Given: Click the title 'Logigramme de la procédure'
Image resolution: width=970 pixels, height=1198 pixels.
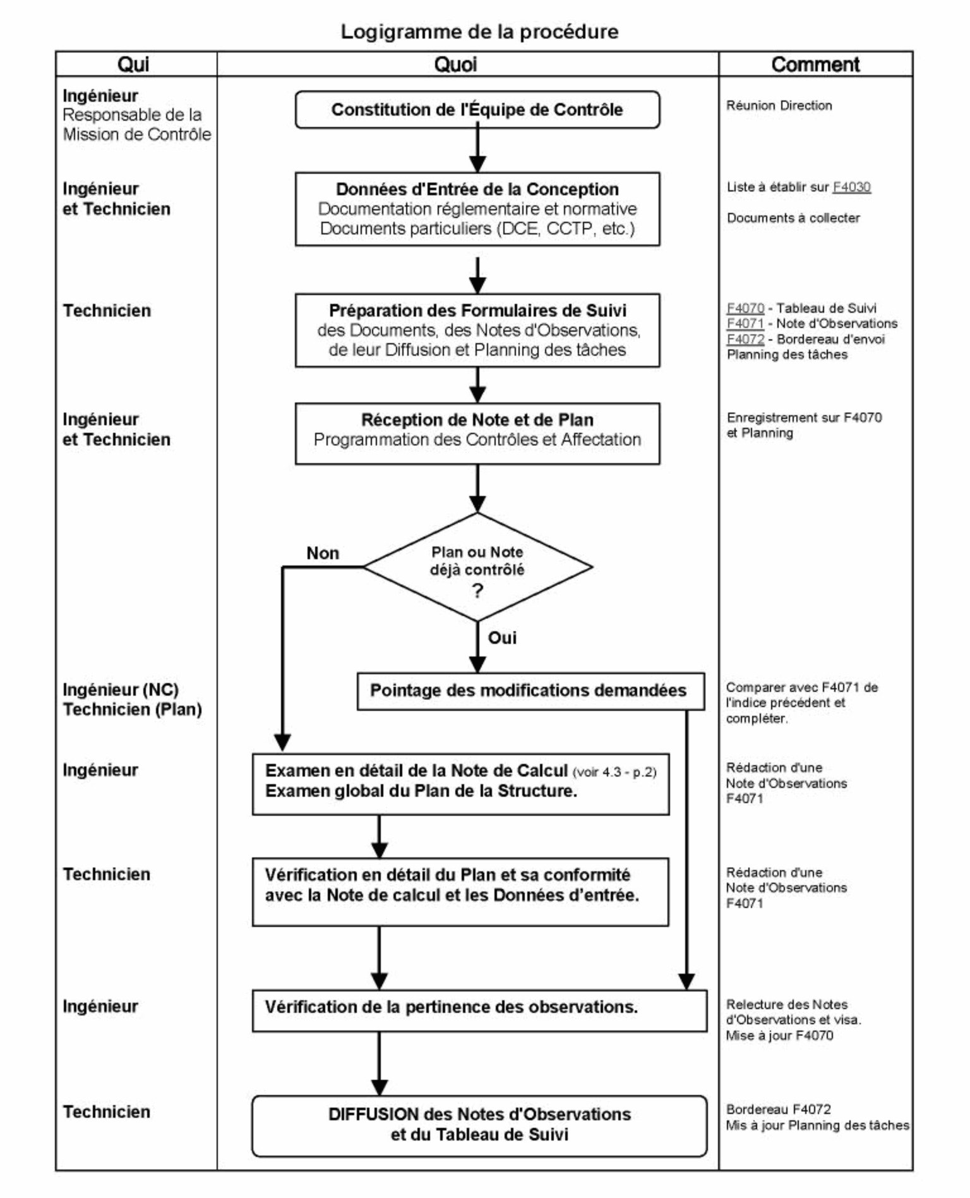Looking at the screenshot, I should pos(479,32).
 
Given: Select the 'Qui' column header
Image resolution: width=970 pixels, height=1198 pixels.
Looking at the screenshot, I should pos(133,64).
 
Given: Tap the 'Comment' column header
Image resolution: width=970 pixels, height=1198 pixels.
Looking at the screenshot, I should pos(815,64).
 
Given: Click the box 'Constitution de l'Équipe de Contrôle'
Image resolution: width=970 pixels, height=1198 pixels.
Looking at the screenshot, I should pos(477,110).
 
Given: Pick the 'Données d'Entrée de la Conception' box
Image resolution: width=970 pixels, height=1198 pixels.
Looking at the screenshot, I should pos(477,209).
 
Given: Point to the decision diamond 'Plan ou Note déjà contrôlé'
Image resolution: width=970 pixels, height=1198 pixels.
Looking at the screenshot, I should pos(477,567).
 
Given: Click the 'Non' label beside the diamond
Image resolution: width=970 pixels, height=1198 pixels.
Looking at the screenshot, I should pos(323,554).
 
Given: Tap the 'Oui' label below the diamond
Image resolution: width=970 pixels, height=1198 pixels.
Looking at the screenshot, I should pos(502,638).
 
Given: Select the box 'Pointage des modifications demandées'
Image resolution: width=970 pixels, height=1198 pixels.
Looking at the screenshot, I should pos(530,691).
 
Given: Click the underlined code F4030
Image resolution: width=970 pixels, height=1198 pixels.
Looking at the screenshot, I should pos(851,187).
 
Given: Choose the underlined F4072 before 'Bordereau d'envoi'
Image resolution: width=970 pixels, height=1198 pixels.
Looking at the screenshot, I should pos(745,339).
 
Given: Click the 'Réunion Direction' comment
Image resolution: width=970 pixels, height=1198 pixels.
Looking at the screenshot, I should pos(779,106).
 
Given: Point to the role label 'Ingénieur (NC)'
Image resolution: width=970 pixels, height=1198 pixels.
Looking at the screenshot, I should pos(121,690).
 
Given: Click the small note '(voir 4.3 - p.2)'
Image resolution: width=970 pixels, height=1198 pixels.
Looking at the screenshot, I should pos(614,772).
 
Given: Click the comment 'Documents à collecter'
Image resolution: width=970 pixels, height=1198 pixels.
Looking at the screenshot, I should pos(793,218).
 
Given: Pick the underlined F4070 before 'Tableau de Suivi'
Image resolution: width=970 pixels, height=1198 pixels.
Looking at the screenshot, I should pos(745,308).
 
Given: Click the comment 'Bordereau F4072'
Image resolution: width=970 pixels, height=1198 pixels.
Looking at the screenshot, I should pos(779,1110).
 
